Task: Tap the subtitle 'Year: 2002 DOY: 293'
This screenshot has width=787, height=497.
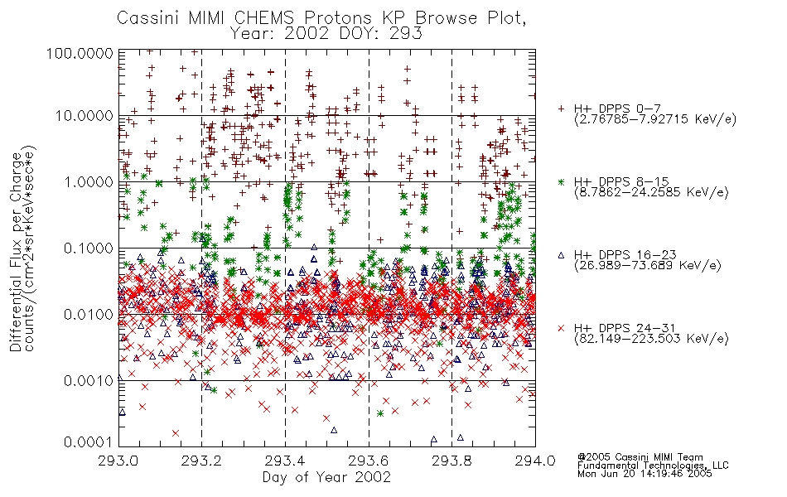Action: tap(326, 34)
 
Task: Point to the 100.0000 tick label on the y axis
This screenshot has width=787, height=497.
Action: tap(80, 53)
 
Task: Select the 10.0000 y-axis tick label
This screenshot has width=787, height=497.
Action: tap(84, 116)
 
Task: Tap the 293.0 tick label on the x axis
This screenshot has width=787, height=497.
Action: tap(118, 461)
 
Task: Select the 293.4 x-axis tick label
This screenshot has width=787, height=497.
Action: tap(285, 461)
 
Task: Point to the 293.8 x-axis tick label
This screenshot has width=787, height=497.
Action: tap(451, 461)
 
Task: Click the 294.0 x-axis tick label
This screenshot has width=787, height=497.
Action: tap(535, 461)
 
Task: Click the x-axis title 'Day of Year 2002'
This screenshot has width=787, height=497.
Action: tap(326, 477)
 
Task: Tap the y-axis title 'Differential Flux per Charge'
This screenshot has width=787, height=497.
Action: tap(16, 252)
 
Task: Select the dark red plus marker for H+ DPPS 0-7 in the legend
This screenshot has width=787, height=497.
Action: tap(562, 108)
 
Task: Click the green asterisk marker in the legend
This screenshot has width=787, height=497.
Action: tap(562, 181)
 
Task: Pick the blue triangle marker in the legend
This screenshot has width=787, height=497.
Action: tap(562, 255)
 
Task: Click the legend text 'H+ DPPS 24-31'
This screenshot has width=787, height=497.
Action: tap(625, 328)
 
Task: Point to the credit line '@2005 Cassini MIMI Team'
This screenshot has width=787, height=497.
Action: tap(640, 457)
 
